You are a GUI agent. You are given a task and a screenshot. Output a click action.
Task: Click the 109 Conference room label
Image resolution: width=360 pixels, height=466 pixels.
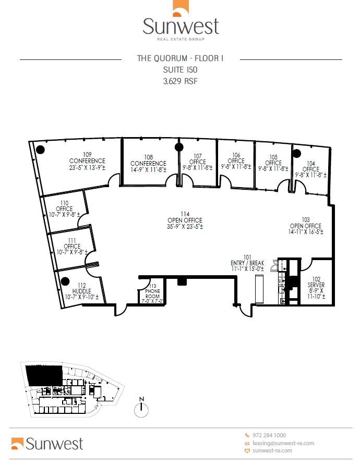point(87,161)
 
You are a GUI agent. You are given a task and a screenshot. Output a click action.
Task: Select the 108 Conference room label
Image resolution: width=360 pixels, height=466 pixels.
point(149,163)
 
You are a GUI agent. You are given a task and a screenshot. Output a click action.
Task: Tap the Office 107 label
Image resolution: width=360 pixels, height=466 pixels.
point(198,162)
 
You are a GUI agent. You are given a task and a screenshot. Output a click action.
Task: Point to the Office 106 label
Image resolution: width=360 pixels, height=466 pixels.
point(236,161)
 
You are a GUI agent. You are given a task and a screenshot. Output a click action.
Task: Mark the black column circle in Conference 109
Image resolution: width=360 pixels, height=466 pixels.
point(40,150)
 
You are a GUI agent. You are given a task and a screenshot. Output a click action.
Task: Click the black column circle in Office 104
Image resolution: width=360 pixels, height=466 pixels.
point(297,153)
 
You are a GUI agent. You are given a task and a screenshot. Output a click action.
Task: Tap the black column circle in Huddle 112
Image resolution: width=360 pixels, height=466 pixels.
point(65,281)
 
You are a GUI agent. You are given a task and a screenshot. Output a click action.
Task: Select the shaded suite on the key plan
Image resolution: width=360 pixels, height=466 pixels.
point(44,375)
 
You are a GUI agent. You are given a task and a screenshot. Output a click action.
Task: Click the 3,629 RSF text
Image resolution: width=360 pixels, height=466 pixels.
point(180,81)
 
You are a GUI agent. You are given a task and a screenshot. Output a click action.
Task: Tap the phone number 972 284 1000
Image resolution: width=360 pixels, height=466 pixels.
point(269,435)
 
